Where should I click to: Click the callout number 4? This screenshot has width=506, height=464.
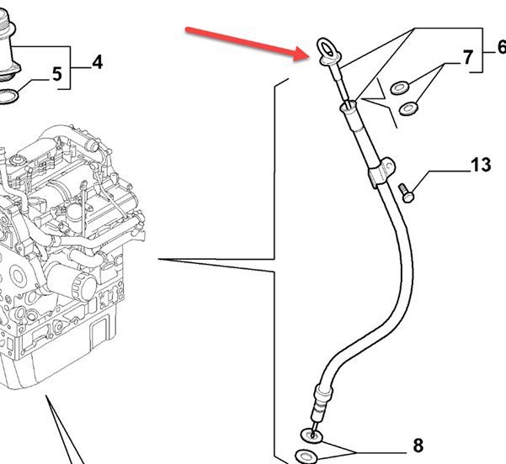[97, 61]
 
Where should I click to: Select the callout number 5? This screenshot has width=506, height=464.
[57, 74]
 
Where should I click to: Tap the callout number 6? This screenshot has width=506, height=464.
[501, 47]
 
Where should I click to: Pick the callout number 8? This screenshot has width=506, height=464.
[418, 446]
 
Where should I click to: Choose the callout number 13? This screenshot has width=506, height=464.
[481, 165]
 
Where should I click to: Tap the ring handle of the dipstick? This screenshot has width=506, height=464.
[327, 49]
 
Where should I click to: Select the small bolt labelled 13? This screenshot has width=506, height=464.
[406, 192]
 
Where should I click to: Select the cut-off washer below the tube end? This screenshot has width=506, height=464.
[304, 457]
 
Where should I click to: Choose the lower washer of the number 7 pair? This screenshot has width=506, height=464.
[411, 107]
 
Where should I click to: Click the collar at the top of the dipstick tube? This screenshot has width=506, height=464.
[349, 108]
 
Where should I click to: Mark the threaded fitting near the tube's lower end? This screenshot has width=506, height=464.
[320, 405]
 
